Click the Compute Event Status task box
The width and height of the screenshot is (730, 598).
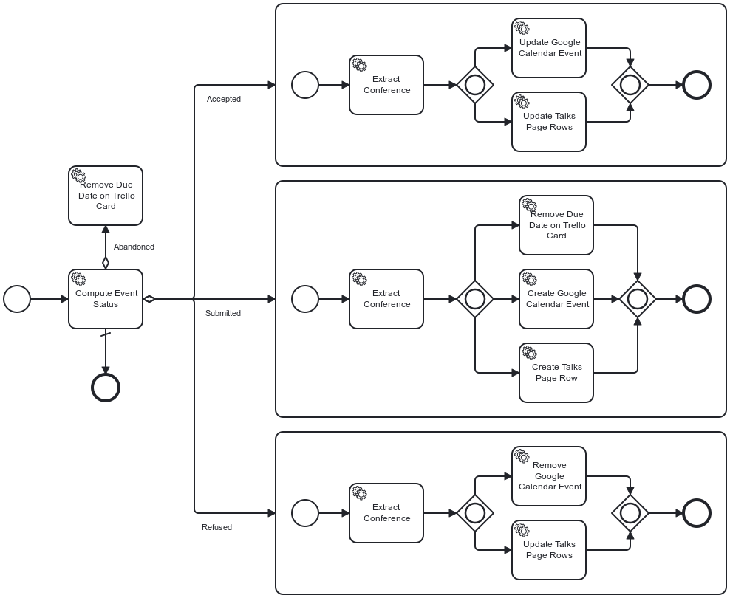[106, 299]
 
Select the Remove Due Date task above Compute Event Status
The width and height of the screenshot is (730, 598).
[106, 196]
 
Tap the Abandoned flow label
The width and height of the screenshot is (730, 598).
[134, 247]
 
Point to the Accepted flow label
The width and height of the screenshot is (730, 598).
[223, 99]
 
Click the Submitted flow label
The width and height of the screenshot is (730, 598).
[222, 313]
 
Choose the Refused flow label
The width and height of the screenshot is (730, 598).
[216, 527]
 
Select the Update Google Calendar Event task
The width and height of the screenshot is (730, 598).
[549, 48]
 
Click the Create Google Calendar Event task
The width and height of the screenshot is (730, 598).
[556, 299]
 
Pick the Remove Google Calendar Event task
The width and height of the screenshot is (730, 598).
[549, 476]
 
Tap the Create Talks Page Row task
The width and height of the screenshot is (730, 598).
[556, 373]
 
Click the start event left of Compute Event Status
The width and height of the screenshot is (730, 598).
[17, 299]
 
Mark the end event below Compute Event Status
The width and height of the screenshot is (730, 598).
[106, 387]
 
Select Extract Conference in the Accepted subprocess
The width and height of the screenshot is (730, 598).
[386, 85]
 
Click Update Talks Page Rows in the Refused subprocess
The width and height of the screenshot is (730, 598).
[549, 550]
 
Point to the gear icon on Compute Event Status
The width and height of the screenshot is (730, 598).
[79, 279]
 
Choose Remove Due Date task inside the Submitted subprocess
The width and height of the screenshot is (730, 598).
[556, 225]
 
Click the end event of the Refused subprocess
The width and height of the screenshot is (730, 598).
[697, 512]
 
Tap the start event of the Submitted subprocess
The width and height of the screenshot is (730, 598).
[305, 299]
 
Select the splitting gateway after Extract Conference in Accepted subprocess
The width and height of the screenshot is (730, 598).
[475, 85]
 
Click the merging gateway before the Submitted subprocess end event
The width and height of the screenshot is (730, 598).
[638, 299]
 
